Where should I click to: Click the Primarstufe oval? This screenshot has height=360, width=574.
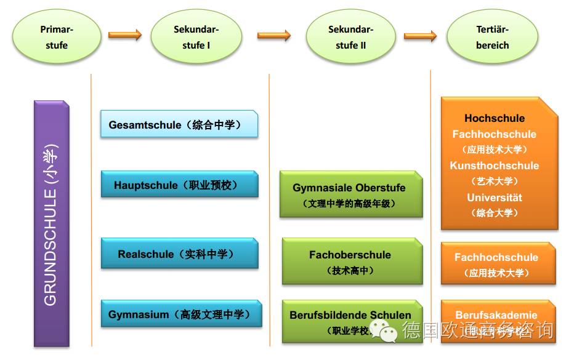[x=56, y=37]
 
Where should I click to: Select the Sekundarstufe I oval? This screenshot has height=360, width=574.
[x=196, y=37]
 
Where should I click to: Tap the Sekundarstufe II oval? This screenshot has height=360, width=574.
[x=350, y=37]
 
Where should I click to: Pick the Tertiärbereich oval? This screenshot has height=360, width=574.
[x=492, y=37]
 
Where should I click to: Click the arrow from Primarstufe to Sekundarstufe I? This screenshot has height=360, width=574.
[x=125, y=34]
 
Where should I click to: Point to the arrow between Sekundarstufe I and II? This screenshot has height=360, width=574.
[x=273, y=35]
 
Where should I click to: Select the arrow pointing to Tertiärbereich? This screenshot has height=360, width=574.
[x=420, y=36]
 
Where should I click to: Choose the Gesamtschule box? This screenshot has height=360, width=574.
[x=179, y=124]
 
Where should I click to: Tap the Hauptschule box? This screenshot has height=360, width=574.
[x=179, y=185]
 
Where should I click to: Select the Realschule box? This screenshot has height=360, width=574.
[x=179, y=254]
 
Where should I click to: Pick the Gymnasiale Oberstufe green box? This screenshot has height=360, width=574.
[x=350, y=194]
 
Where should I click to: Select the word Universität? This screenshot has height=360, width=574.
[x=495, y=198]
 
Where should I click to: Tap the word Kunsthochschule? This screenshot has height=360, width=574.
[x=495, y=166]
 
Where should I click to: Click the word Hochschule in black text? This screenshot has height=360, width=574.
[x=495, y=118]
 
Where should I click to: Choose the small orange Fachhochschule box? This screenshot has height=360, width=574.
[x=498, y=263]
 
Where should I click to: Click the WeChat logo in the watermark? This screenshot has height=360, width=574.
[x=388, y=333]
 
